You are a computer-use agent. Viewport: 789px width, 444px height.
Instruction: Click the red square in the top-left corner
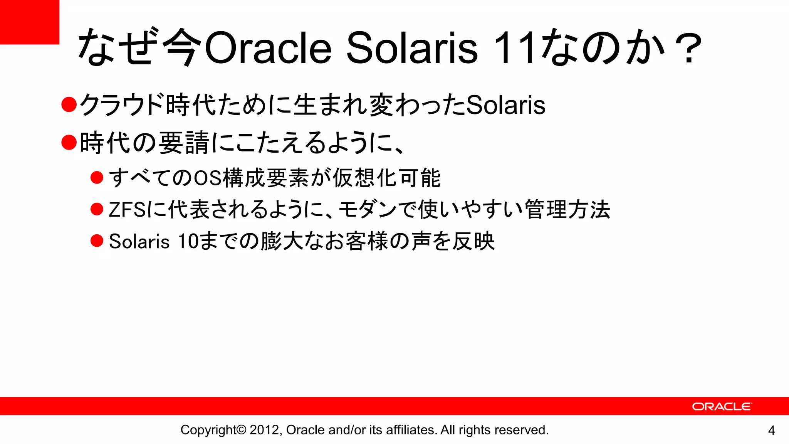(x=29, y=22)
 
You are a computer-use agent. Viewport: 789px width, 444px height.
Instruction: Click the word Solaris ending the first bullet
(x=505, y=105)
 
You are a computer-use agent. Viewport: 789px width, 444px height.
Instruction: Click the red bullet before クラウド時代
(x=69, y=104)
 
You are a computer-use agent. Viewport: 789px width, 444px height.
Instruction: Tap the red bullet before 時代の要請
(x=69, y=142)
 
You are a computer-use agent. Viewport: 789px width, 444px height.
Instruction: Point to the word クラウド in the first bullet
(x=122, y=105)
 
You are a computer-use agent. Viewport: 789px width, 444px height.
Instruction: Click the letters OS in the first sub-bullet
(x=208, y=178)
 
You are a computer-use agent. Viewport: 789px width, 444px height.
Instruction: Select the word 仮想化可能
(x=386, y=178)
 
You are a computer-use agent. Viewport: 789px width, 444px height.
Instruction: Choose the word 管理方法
(x=567, y=210)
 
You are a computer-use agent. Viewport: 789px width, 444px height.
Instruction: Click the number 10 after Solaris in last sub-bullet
(x=188, y=242)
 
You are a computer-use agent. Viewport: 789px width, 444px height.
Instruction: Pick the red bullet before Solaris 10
(x=97, y=241)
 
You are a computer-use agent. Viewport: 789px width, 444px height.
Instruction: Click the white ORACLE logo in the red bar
(x=722, y=407)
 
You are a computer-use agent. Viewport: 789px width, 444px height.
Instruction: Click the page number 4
(x=771, y=431)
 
